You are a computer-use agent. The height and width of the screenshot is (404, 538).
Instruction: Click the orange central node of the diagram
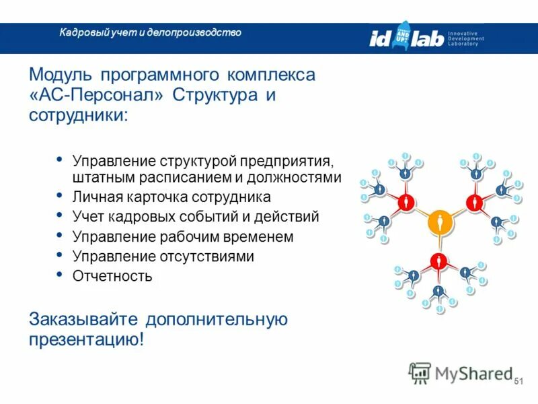[439, 221]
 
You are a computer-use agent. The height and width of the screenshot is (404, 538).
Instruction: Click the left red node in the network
[404, 201]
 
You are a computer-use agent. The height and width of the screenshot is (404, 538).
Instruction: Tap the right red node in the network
[475, 201]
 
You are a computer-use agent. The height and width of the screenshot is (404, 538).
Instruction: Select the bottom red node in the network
[439, 261]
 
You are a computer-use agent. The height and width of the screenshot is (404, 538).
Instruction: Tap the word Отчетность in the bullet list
[112, 276]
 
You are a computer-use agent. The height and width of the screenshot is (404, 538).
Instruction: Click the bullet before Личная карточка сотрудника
[59, 196]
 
